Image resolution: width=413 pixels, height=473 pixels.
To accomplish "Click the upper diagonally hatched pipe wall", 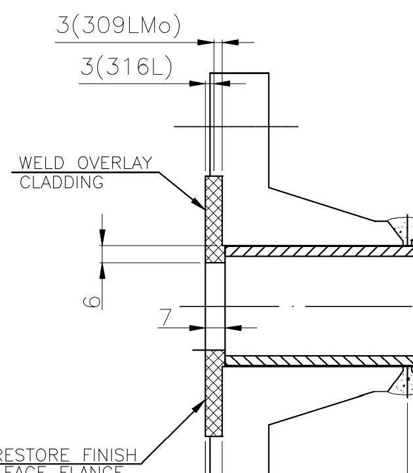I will click(x=315, y=252).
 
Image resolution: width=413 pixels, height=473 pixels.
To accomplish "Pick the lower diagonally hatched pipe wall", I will click(x=315, y=360).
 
